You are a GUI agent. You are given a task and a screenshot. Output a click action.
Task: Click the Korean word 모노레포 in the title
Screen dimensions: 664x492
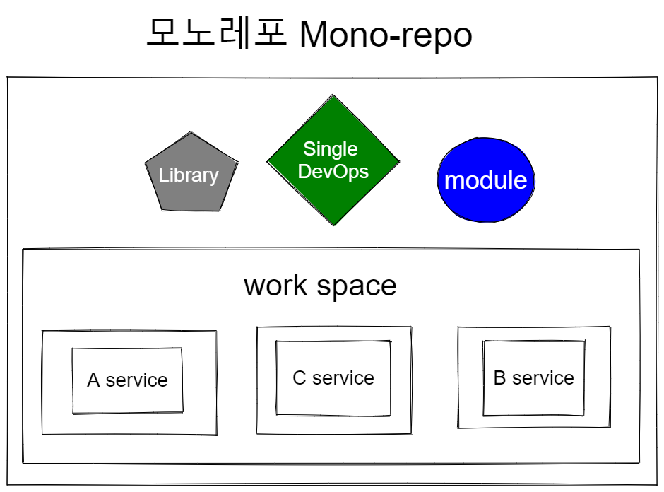coord(217,33)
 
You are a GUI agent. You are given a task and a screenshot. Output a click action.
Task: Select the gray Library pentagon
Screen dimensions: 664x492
coord(191,172)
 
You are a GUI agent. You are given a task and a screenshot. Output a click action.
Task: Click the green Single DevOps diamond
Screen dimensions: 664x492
coord(333,160)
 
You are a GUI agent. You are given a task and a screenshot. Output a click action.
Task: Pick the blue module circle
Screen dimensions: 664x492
coord(486,180)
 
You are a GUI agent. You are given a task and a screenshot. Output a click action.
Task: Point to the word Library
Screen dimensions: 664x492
coord(189,175)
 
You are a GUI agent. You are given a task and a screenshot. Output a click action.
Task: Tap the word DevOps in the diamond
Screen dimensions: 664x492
coord(333,172)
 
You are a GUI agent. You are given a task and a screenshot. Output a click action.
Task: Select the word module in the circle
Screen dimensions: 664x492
coord(486,180)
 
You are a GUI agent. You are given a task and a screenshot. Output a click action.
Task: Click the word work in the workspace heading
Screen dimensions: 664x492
coord(275,285)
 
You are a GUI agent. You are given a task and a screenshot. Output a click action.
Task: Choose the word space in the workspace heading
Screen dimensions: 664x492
coord(357,287)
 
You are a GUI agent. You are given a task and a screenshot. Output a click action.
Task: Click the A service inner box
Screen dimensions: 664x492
coord(127,380)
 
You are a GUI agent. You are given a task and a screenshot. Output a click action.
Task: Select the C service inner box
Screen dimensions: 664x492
coord(333,378)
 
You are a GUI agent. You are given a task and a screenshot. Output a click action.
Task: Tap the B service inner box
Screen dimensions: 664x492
coord(533,378)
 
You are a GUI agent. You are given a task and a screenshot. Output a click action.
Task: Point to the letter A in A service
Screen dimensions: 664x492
coord(93,380)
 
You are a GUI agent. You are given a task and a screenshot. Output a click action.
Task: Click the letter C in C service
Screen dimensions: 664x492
coord(299,378)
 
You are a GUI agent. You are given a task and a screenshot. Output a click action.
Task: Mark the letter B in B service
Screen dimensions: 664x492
coord(499,378)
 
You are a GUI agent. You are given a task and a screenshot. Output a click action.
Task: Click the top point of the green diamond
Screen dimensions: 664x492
coord(333,95)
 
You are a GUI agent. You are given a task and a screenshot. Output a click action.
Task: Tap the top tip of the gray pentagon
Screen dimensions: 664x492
coord(191,132)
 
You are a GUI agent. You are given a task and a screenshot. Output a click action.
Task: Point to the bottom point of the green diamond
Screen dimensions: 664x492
coord(333,225)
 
